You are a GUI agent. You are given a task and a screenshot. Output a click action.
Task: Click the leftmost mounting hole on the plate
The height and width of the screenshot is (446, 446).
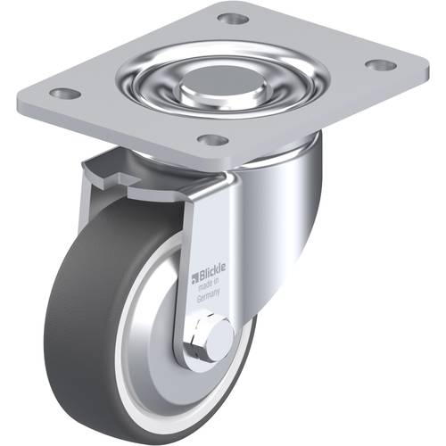tap(63, 93)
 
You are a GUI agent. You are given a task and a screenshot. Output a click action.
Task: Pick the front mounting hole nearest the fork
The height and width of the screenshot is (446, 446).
tap(211, 140)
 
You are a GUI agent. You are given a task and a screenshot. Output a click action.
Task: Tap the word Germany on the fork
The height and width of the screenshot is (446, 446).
tap(209, 302)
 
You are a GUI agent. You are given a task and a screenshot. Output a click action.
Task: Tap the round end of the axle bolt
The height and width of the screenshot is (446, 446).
tap(221, 336)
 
